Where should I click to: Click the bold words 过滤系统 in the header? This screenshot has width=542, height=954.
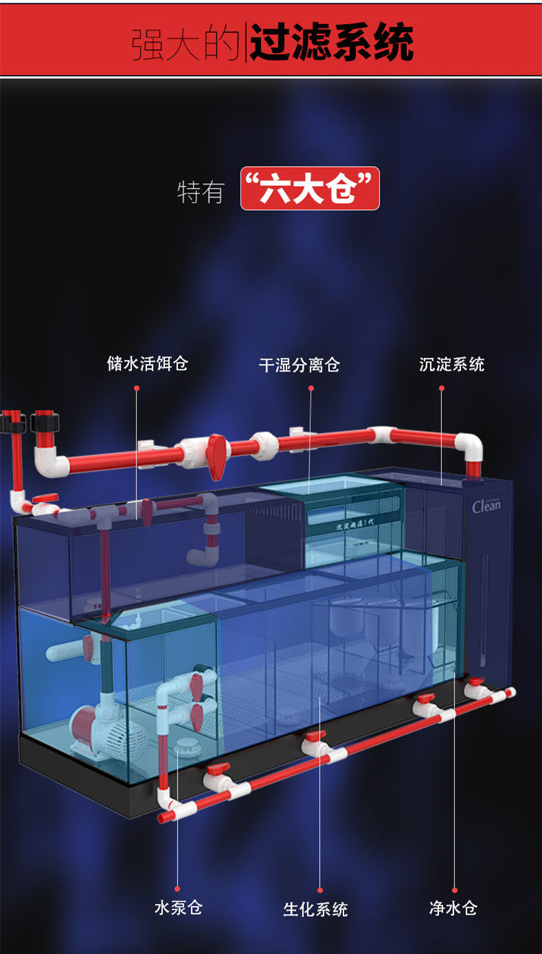pos(331,42)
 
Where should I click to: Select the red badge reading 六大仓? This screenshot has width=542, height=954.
pos(310,188)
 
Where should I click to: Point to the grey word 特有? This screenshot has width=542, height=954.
pos(201,192)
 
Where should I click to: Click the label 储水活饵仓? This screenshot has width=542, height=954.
pos(147,363)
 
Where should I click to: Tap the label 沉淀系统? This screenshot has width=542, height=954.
pos(451,364)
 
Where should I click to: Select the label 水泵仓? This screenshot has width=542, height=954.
pos(178,907)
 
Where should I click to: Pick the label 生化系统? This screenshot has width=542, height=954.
pos(315,909)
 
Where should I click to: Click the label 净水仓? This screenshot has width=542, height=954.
pos(453,908)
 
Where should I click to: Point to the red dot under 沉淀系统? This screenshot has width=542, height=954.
pos(442,388)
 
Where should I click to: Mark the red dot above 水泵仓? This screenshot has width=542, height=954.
pos(177,888)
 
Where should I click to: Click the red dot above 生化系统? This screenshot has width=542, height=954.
pos(321,888)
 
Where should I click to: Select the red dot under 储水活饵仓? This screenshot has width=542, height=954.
pos(137,388)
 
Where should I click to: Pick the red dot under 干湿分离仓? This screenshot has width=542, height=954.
pos(310,388)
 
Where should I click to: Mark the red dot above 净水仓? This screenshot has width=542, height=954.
pos(454,888)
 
